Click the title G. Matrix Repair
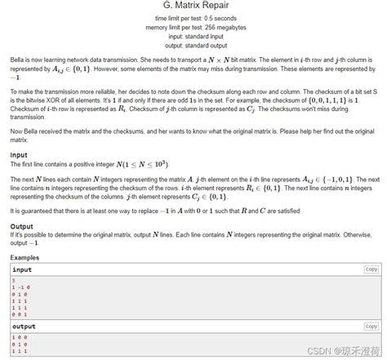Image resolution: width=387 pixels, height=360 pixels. point(193,6)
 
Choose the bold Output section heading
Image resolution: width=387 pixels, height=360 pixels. point(21,226)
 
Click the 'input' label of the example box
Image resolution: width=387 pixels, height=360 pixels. point(22,269)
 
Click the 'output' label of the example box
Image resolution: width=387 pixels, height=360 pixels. point(24,327)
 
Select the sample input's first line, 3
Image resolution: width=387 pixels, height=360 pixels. point(14,280)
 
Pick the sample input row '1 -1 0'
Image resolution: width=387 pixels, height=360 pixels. point(21,287)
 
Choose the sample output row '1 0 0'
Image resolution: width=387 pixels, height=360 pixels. point(19,337)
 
